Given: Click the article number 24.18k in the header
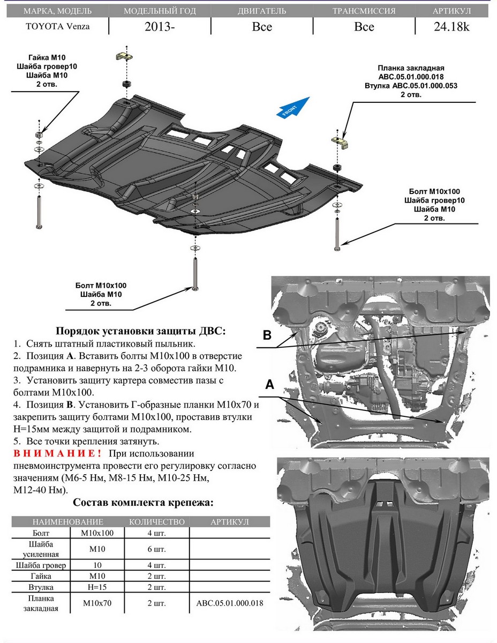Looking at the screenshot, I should [x=451, y=26].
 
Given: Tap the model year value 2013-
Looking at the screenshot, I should [x=159, y=27].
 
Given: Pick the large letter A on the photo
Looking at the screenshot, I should [x=270, y=384].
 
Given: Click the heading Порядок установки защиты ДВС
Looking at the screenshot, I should [x=141, y=331].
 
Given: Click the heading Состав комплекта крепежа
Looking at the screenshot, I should [x=142, y=503].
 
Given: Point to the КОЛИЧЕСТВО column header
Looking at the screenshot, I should [x=157, y=522].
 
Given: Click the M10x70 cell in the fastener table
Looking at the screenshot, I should [x=97, y=603].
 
